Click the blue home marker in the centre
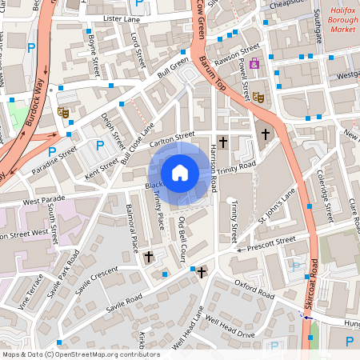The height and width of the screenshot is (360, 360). coord(180,171)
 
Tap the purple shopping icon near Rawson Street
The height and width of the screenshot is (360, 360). coord(254,63)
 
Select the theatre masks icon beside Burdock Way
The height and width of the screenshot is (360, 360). coord(62,113)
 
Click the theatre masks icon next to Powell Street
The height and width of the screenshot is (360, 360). coord(258,97)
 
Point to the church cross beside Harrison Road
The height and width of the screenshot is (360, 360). coord(223,142)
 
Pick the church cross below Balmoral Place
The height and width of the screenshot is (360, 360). coord(149,257)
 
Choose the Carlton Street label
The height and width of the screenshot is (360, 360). coord(174,139)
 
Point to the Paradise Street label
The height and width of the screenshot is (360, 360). coord(55,161)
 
